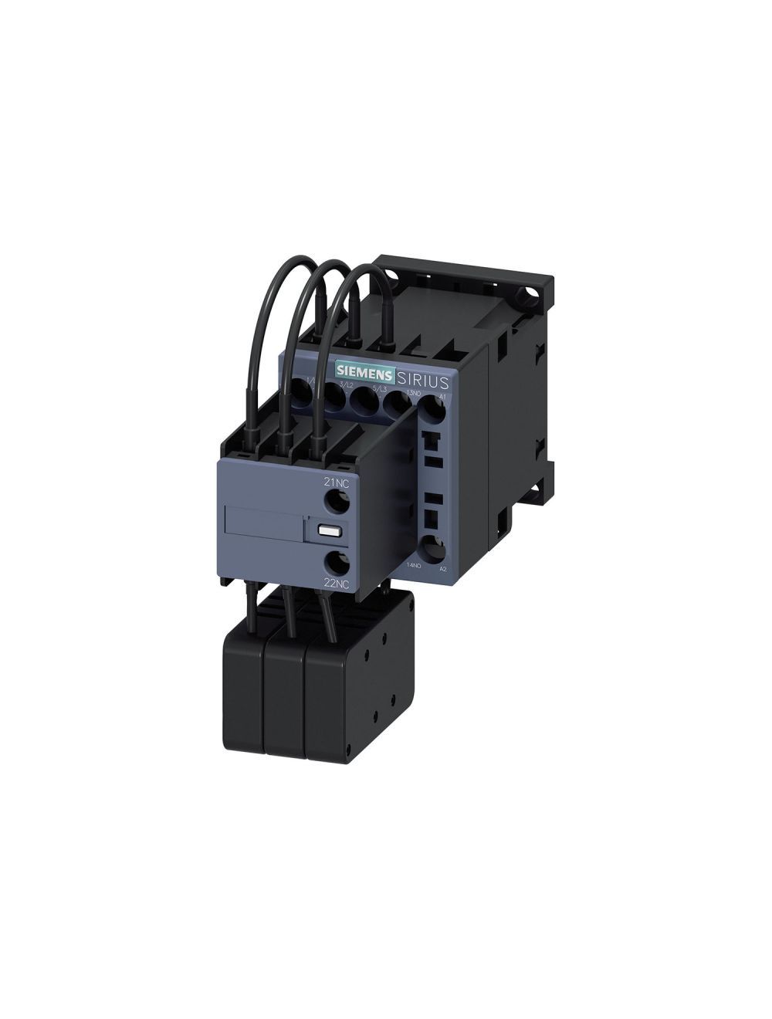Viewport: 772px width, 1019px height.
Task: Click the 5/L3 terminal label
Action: point(379,389)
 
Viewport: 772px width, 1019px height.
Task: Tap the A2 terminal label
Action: point(442,569)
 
